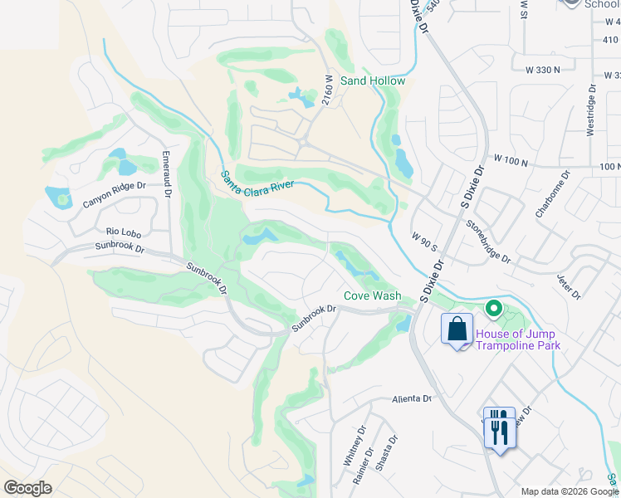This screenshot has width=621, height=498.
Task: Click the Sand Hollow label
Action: tap(373, 81)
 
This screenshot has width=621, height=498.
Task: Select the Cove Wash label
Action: tap(373, 295)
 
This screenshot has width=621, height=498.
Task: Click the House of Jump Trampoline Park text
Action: tap(518, 340)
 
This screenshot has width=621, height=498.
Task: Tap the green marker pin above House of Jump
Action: tap(494, 310)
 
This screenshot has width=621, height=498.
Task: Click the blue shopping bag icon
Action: tap(457, 330)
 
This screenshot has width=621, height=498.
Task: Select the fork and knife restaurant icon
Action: tap(499, 428)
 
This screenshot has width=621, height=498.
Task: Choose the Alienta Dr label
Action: tap(412, 398)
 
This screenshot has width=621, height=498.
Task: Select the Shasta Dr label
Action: tap(386, 452)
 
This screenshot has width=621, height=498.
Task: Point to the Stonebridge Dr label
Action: tap(488, 242)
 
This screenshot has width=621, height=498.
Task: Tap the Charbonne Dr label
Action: tap(552, 194)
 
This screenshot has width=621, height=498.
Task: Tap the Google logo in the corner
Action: tap(27, 488)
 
